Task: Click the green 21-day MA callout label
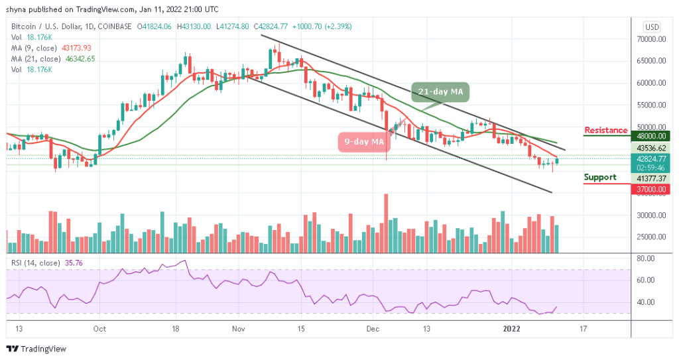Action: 439,91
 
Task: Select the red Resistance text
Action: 605,130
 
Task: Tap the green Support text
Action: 600,177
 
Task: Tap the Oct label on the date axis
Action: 100,328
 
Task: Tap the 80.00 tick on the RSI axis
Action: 647,259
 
